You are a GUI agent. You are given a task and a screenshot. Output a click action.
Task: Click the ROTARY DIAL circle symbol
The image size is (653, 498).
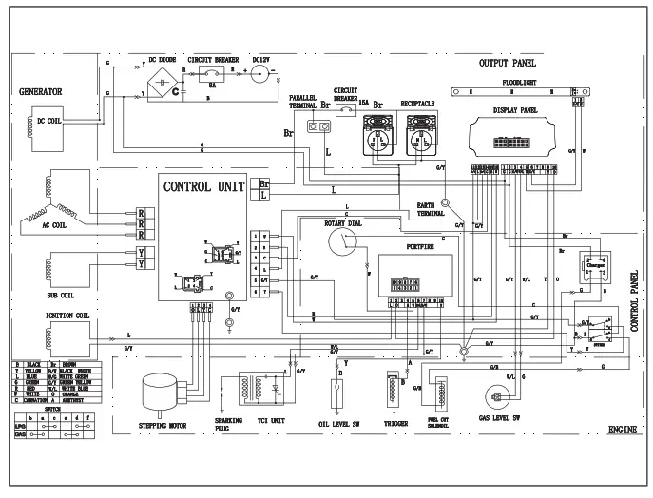tap(339, 243)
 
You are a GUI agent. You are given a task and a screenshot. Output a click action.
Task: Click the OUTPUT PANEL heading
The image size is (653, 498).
tap(508, 62)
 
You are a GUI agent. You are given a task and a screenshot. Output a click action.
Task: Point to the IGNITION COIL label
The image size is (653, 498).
tap(57, 316)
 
